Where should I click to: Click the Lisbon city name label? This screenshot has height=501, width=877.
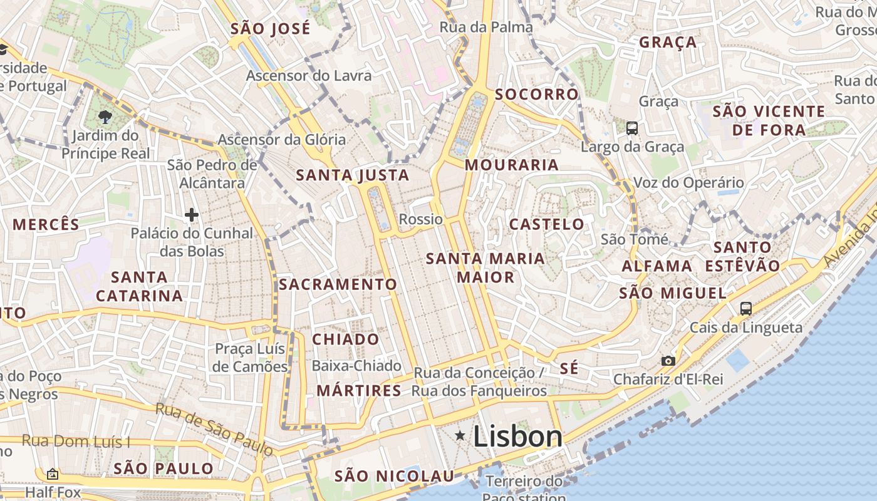point(517,436)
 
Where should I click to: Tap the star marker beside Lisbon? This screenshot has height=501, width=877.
point(460,435)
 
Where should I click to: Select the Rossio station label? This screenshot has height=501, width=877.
point(420,219)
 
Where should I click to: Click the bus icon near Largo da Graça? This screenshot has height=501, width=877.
point(632,128)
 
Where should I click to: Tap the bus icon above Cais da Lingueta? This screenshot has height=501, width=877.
point(745,308)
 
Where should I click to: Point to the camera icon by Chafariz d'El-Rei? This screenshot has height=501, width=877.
point(668,361)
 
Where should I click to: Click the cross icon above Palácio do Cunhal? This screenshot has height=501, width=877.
point(192,215)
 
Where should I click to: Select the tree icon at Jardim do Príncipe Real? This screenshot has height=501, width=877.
point(105,116)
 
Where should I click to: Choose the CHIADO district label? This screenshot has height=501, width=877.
point(346,339)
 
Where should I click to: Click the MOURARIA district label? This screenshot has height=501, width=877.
point(512,165)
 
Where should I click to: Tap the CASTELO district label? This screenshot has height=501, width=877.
point(546,224)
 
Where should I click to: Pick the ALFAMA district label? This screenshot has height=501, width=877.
point(657,266)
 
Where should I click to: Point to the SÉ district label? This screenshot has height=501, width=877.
point(569,368)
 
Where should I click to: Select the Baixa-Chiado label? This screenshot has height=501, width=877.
point(356,366)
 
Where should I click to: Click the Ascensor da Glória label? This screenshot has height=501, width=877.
point(281,140)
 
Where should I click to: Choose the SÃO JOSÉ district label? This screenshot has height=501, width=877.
point(271,29)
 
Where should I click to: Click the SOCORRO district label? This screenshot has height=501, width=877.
point(537,95)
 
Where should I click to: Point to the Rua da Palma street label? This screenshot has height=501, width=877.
point(486,27)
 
